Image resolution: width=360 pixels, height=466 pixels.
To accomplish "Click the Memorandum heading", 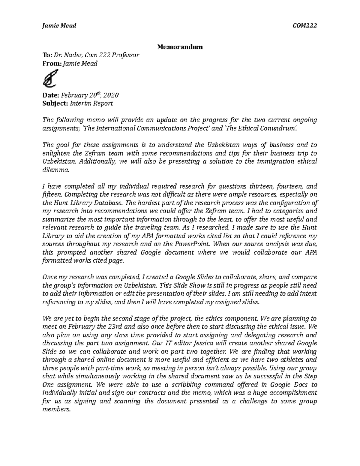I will (180, 47).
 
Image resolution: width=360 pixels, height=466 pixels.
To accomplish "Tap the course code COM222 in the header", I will (305, 26).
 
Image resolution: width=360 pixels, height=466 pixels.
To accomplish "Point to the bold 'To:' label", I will (48, 55).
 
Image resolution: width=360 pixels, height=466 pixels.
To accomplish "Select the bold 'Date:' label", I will (51, 95).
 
